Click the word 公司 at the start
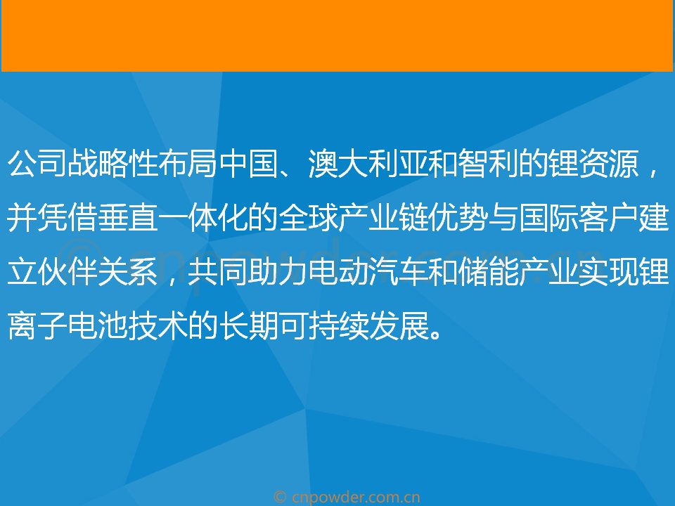point(37,164)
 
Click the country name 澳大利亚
point(368,164)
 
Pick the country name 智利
point(488,164)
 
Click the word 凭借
point(67,218)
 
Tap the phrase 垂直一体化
point(173,218)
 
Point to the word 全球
point(308,218)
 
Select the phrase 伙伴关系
point(98,272)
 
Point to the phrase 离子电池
point(67,325)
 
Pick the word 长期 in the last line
point(248,325)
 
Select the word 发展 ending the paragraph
point(398,325)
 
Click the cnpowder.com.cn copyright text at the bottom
point(347,498)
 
